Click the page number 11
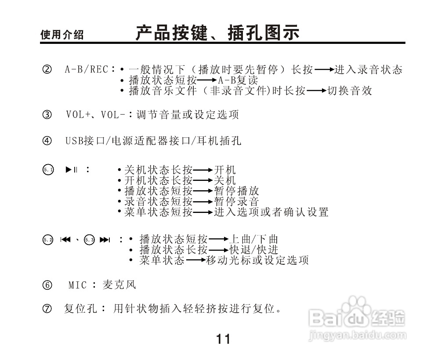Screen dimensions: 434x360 (x=223, y=339)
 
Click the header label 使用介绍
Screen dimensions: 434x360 (x=62, y=35)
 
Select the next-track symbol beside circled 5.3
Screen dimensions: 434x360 (x=105, y=240)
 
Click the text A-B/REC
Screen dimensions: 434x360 (x=87, y=69)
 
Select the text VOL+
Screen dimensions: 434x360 (x=77, y=115)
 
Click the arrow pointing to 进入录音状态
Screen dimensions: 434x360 (x=325, y=69)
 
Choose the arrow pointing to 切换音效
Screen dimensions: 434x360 (x=317, y=91)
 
